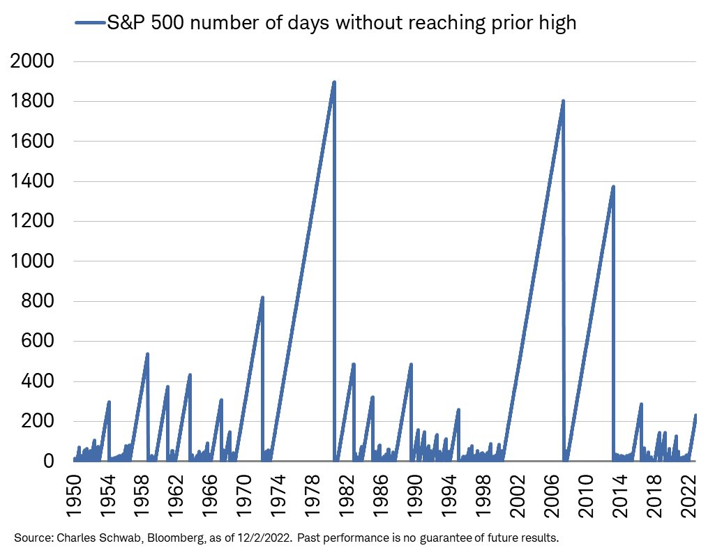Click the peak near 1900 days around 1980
[334, 82]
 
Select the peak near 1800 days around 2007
[563, 101]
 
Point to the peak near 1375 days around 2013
[613, 187]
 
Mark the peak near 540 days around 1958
[147, 354]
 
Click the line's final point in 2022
[695, 416]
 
